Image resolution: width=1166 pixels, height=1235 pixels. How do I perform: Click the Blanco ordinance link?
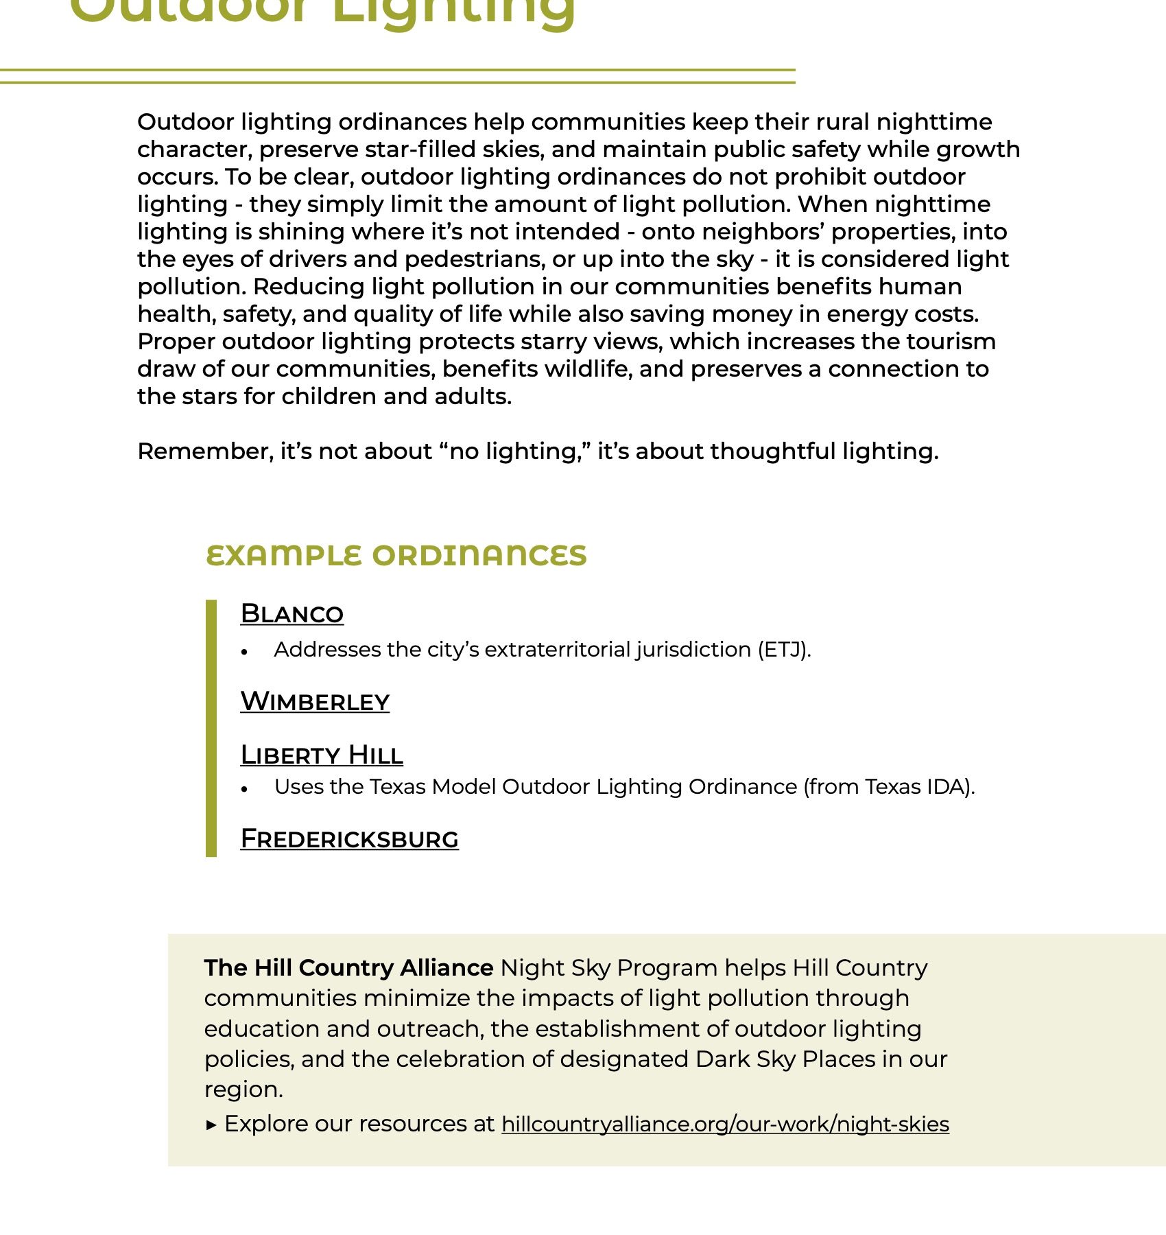(x=291, y=613)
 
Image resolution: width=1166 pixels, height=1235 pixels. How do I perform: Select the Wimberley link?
(x=315, y=701)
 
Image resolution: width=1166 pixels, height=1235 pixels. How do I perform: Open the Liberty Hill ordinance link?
(x=322, y=755)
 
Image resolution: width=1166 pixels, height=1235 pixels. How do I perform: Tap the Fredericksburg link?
(x=349, y=838)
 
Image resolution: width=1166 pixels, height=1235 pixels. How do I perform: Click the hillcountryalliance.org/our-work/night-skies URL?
(x=725, y=1124)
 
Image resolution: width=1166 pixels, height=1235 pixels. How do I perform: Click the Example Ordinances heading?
(x=396, y=555)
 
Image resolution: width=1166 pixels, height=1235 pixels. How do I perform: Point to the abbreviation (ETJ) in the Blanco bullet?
(x=784, y=650)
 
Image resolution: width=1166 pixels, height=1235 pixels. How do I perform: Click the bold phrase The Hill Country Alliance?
(x=348, y=967)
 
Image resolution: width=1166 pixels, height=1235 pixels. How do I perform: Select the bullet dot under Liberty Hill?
(x=244, y=790)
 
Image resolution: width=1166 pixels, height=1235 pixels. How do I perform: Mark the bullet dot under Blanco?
(x=244, y=652)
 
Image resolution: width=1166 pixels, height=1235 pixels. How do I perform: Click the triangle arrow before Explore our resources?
(x=211, y=1125)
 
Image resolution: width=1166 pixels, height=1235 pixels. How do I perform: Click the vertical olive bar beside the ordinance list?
(x=211, y=727)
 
